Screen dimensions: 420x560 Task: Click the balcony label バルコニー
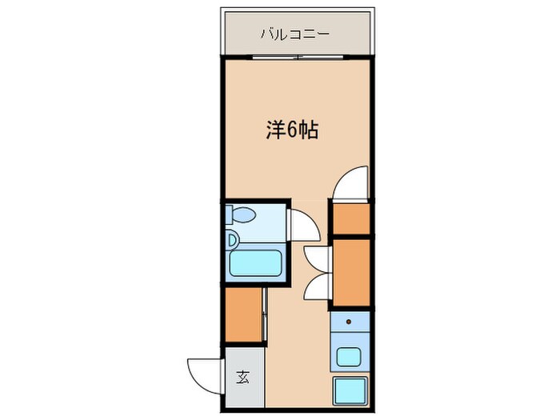tap(295, 35)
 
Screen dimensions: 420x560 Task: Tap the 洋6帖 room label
tap(292, 130)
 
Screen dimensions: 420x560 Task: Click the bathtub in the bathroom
tap(253, 263)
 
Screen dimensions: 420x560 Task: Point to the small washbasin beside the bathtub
tap(233, 238)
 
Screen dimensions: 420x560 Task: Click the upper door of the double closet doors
tap(317, 257)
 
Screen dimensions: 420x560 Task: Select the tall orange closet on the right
tap(351, 273)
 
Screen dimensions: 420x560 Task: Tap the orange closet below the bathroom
tap(243, 315)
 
